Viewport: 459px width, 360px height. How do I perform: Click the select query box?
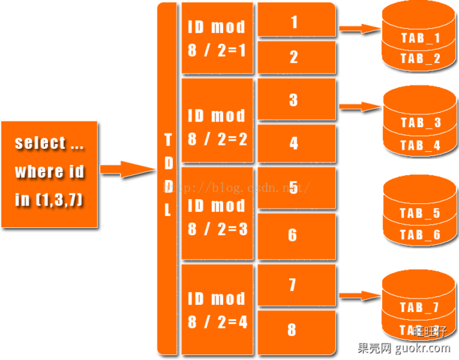pyautogui.click(x=49, y=174)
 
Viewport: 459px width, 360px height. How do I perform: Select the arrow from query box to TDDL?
pyautogui.click(x=128, y=169)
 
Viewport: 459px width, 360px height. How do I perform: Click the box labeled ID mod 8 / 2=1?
pyautogui.click(x=217, y=38)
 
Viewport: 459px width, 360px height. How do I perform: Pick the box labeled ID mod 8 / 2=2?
pyautogui.click(x=217, y=127)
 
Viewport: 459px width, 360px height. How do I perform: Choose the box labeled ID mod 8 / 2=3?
pyautogui.click(x=217, y=217)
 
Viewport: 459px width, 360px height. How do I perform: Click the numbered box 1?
pyautogui.click(x=294, y=20)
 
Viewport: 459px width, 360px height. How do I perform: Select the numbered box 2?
pyautogui.click(x=294, y=57)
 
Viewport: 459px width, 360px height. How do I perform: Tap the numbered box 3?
pyautogui.click(x=294, y=100)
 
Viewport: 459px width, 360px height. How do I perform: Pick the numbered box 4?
pyautogui.click(x=294, y=143)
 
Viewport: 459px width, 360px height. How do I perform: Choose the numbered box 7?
pyautogui.click(x=294, y=284)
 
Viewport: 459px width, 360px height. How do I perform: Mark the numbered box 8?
pyautogui.click(x=294, y=330)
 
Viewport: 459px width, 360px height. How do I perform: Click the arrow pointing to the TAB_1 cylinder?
pyautogui.click(x=359, y=29)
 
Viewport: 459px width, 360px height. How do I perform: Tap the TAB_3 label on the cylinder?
pyautogui.click(x=420, y=123)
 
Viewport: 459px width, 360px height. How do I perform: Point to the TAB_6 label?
pyautogui.click(x=419, y=235)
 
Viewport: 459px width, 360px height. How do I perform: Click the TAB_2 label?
pyautogui.click(x=420, y=59)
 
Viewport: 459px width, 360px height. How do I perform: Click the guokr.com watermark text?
pyautogui.click(x=404, y=347)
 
